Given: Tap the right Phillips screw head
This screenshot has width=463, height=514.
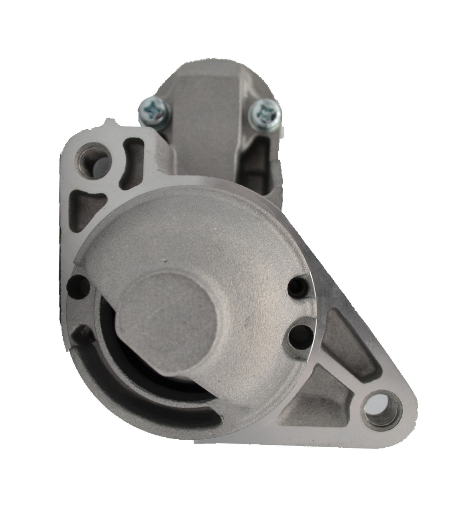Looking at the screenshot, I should coord(263,110).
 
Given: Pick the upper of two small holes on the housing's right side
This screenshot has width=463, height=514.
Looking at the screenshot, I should coord(298,286).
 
